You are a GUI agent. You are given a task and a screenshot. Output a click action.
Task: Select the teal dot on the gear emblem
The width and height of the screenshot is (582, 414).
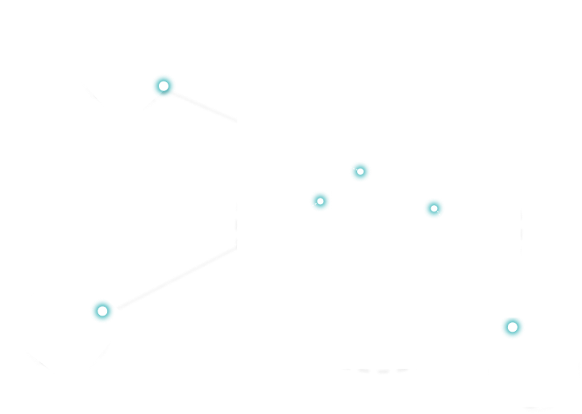point(164,86)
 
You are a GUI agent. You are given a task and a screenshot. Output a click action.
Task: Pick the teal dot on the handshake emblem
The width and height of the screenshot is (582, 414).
point(102,311)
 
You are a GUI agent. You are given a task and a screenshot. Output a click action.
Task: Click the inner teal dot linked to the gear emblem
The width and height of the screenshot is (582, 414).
point(360,171)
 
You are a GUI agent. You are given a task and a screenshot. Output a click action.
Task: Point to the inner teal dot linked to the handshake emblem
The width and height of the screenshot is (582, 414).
point(320,201)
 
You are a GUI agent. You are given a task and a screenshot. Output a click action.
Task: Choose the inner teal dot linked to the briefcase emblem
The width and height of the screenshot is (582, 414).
point(434,208)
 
